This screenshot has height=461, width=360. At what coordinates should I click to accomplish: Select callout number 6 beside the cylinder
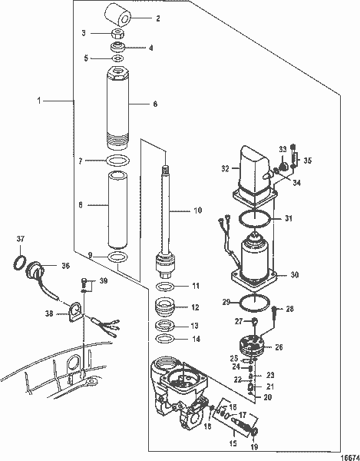[x=155, y=102]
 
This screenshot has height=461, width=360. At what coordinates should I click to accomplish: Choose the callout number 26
[x=279, y=347]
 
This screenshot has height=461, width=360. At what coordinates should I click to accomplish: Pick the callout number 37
[x=20, y=238]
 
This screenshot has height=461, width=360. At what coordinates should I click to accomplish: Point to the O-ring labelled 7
[x=117, y=160]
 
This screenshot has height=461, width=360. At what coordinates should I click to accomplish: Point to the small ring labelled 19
[x=253, y=436]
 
